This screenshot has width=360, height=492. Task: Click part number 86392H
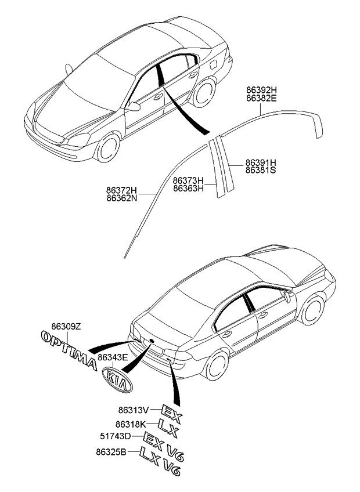261,91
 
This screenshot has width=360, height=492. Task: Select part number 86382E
261,99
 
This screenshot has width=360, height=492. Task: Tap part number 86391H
260,162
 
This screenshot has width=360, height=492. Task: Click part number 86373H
188,180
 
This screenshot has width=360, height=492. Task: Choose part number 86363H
188,188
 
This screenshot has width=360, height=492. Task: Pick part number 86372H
121,190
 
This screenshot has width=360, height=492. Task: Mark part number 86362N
121,198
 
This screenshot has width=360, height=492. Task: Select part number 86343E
113,358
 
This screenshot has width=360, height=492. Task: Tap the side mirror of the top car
135,106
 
